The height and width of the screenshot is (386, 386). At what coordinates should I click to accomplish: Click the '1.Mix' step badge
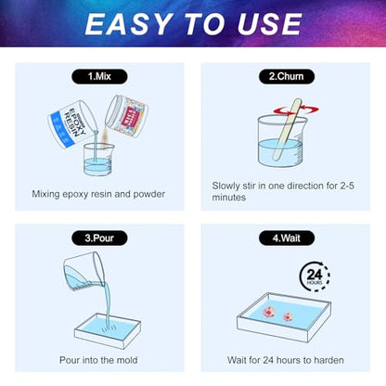coord(99,77)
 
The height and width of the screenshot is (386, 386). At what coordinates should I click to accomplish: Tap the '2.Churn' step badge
coord(287,77)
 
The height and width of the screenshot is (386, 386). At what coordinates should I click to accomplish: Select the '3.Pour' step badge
coord(99,238)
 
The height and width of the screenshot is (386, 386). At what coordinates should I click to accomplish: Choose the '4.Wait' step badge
coord(287,238)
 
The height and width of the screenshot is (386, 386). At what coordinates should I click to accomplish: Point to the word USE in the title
coord(270,24)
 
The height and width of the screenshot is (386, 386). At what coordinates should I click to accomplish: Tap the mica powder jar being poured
coord(127,115)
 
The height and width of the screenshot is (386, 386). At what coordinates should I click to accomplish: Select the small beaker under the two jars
coord(98,159)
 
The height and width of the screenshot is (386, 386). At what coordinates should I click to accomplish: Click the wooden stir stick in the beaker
coord(287,130)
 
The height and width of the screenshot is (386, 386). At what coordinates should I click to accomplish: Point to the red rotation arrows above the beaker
coord(296,110)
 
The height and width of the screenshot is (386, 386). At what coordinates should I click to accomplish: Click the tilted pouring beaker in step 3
coord(84,270)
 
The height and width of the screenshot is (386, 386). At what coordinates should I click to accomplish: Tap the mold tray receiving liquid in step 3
coord(108,330)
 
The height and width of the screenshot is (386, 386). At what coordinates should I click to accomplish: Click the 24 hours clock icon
coord(315,276)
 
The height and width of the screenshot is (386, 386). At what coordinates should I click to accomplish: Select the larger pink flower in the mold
coord(268,311)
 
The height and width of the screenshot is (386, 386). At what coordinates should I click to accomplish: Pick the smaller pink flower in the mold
coord(288,316)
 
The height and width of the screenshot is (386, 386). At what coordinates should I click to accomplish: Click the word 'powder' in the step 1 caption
coord(149,194)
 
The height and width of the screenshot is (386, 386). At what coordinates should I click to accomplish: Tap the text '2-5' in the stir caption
coord(347,186)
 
